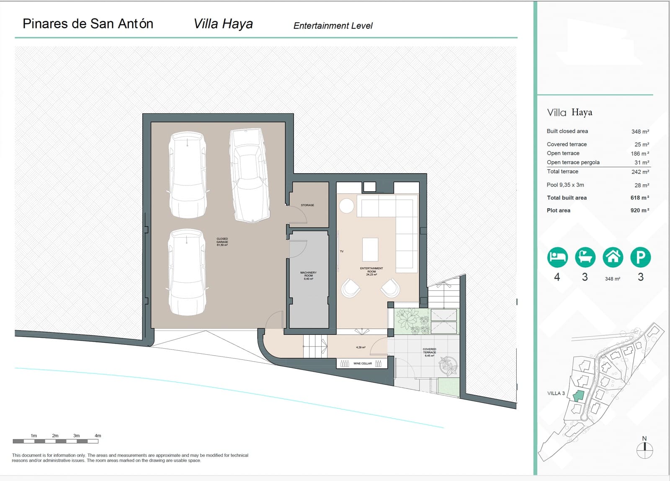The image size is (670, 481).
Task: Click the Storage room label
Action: click(x=307, y=205)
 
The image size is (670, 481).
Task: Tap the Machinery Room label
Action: click(x=308, y=275)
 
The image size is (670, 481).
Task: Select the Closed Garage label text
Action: click(x=222, y=242)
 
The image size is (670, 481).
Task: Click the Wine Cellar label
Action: click(x=362, y=363)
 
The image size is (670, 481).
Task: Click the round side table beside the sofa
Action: click(x=346, y=206)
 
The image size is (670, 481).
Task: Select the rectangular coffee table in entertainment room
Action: click(x=370, y=249)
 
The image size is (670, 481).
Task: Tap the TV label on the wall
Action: click(x=342, y=251)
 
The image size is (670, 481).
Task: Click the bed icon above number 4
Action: click(x=557, y=257)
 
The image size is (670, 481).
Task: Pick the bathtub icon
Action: click(x=585, y=257)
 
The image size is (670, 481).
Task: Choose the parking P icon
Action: click(x=640, y=257)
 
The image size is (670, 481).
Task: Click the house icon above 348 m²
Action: click(x=613, y=257)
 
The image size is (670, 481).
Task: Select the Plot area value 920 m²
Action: click(x=639, y=210)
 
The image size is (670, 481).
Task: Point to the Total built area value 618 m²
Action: click(x=639, y=198)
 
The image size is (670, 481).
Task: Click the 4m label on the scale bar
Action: click(x=98, y=436)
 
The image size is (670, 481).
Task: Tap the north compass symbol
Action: click(x=644, y=450)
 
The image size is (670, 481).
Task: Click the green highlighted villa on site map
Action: click(x=578, y=396)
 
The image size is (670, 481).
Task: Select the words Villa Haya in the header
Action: click(x=223, y=24)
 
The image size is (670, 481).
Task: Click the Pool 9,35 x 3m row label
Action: click(x=565, y=185)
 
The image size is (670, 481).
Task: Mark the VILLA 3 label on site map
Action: click(x=556, y=393)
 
